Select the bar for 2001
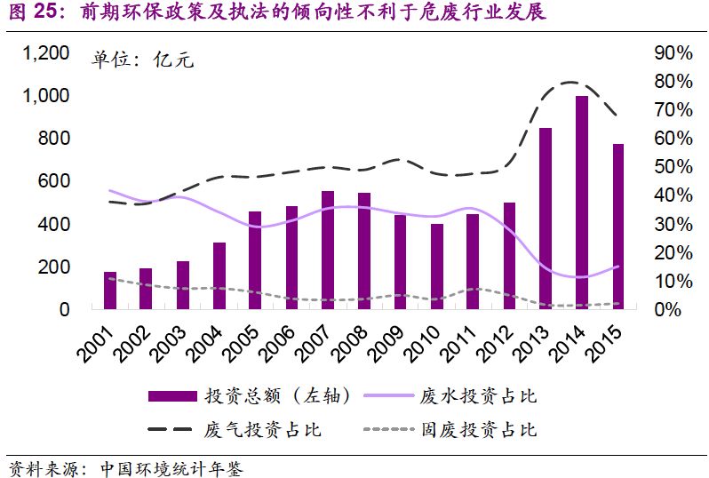(110, 291)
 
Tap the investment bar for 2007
(328, 250)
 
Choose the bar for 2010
(436, 267)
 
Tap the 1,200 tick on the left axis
(45, 53)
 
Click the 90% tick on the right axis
(673, 53)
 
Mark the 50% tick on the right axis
(673, 167)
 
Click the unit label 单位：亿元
(143, 60)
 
